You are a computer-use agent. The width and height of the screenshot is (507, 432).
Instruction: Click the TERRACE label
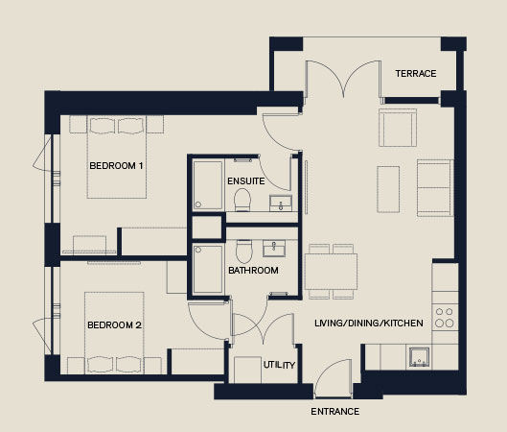416,74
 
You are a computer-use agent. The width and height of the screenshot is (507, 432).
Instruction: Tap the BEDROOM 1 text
116,166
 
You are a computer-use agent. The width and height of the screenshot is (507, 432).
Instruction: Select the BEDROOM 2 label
114,325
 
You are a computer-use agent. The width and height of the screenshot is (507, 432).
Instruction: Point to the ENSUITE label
246,181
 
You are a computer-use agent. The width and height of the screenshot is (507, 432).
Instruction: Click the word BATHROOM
253,271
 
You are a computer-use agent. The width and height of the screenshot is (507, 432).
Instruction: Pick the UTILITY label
279,365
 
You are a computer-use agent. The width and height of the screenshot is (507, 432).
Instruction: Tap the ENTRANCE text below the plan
335,412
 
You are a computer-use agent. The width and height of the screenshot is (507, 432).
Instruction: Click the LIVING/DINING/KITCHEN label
369,324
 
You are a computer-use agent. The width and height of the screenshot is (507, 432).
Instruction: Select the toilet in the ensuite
242,200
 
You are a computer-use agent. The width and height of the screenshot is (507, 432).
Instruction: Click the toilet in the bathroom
244,251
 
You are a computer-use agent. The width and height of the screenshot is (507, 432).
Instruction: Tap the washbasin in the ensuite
281,204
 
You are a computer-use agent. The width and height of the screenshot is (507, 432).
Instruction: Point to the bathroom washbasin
274,249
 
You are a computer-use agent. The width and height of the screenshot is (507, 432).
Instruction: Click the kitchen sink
419,357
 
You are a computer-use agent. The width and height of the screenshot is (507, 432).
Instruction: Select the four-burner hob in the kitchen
445,318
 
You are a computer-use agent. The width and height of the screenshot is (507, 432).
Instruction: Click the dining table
331,272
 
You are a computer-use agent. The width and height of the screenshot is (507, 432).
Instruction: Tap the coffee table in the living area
388,189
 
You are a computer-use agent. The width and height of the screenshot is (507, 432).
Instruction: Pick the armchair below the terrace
398,128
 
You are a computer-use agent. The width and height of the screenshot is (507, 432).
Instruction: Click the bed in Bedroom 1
117,157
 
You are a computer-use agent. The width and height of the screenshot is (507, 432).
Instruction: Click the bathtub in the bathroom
208,269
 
